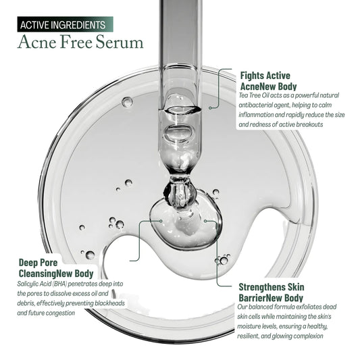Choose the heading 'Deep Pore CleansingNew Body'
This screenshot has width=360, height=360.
click(x=55, y=268)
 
